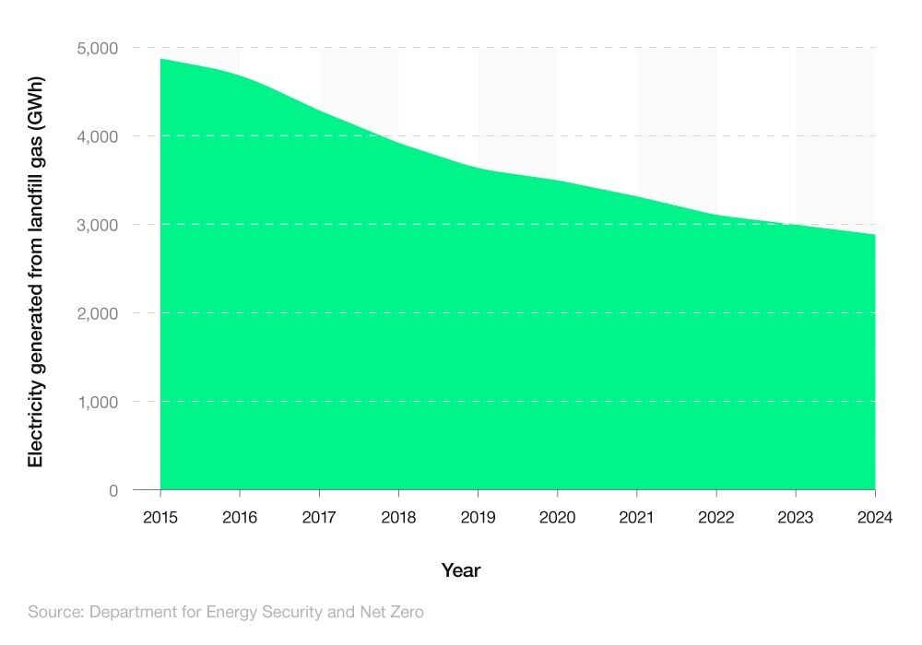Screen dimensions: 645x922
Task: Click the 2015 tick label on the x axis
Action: coord(160,517)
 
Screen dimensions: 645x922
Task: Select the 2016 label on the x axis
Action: coord(240,517)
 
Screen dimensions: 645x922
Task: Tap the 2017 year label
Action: coord(319,517)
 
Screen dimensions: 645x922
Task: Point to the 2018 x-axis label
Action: coord(398,517)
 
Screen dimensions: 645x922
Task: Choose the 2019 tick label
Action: coord(478,517)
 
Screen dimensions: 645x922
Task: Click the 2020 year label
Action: coord(557,517)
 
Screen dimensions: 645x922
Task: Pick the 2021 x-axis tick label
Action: coord(637,517)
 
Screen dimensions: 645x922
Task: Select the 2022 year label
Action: coord(716,517)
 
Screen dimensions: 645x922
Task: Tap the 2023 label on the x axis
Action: coord(796,517)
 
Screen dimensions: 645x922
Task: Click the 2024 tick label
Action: coord(874,517)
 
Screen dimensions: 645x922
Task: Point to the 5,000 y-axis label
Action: coord(98,48)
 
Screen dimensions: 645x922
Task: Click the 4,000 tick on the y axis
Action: coord(98,136)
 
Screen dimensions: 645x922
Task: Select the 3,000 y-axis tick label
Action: coord(98,225)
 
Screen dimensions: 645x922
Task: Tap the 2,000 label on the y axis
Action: coord(98,313)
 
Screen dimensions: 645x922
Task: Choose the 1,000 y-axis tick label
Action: coord(98,402)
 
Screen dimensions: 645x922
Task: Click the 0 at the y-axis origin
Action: coord(113,490)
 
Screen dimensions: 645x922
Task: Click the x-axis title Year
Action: coord(461,570)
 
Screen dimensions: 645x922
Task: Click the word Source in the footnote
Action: coord(53,611)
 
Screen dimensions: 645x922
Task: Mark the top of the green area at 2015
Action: coord(161,59)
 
